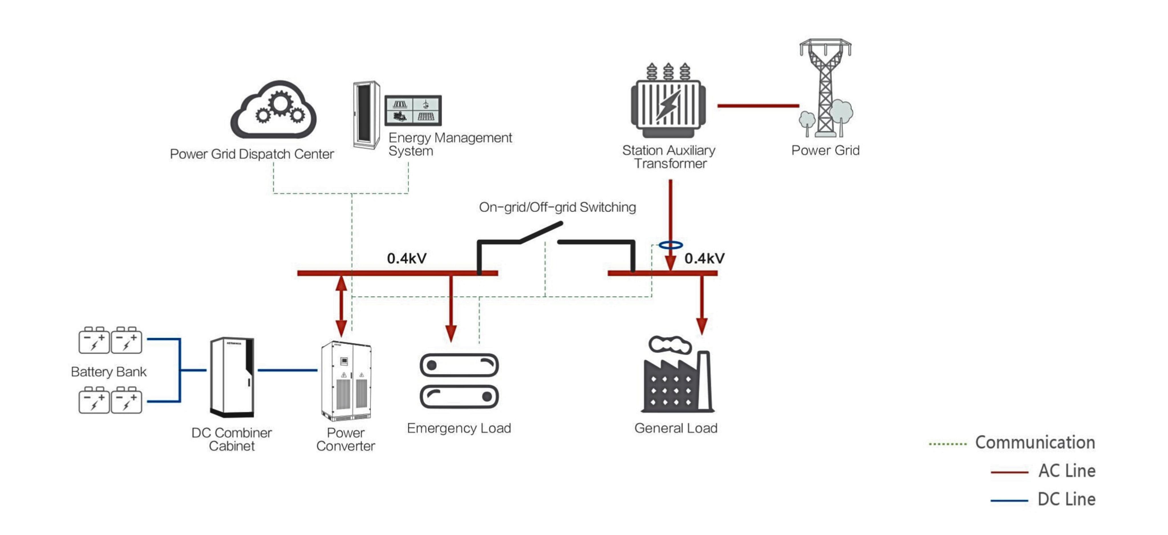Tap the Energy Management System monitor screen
(x=413, y=110)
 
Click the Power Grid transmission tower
(x=825, y=88)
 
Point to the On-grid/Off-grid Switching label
(x=557, y=207)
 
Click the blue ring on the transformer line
(x=671, y=245)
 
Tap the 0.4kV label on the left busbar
(x=407, y=259)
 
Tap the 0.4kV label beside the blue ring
(x=704, y=259)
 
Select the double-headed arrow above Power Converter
(x=341, y=306)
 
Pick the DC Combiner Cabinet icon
(x=232, y=377)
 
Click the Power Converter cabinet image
(x=346, y=381)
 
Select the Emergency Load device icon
(x=459, y=381)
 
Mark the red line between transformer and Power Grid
(x=758, y=106)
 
